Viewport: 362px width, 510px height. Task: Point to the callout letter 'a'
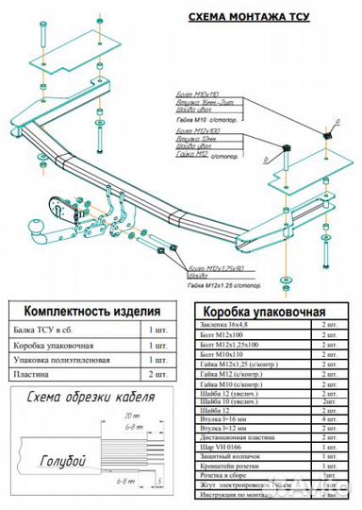tap(334, 123)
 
